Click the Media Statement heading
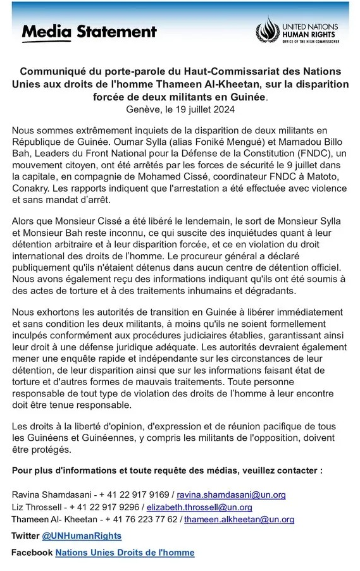click(89, 32)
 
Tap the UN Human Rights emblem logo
click(266, 30)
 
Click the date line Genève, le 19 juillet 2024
click(180, 109)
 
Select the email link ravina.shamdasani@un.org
click(231, 494)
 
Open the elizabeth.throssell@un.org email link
click(199, 507)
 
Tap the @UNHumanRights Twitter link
click(82, 536)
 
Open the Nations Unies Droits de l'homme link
click(125, 553)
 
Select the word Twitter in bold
click(25, 536)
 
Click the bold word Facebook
click(32, 553)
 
